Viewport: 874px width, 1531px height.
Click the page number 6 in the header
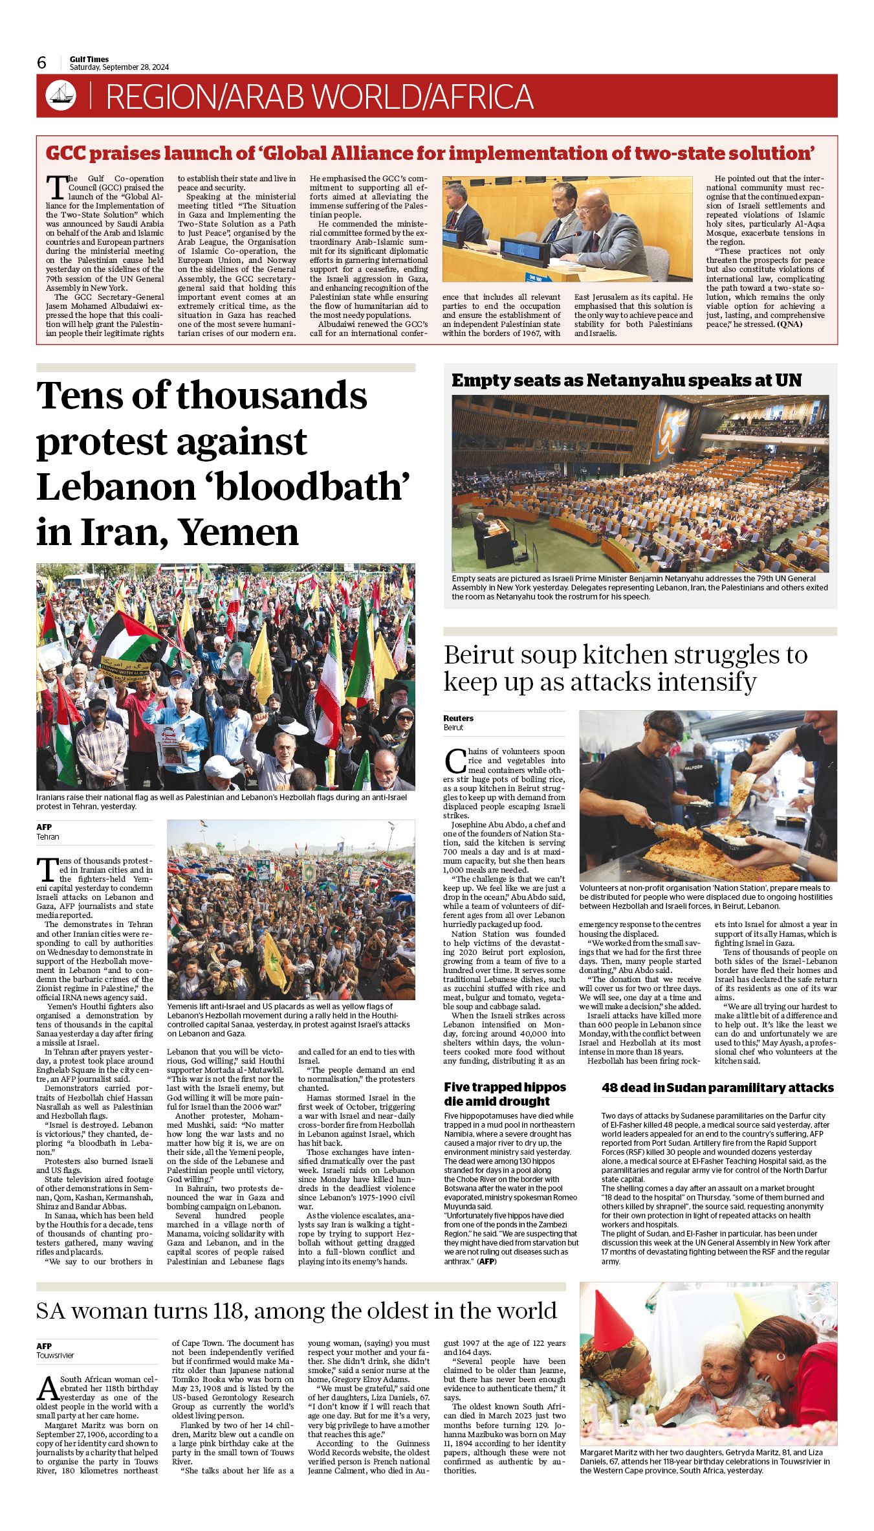[42, 63]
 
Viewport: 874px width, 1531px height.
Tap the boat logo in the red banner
[61, 96]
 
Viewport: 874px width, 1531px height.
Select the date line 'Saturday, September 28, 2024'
[119, 67]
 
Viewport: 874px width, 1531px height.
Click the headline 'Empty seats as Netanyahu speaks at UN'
[626, 381]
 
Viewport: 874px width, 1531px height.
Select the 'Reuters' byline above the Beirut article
[458, 718]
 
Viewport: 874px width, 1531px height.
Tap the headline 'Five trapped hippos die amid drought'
[505, 1093]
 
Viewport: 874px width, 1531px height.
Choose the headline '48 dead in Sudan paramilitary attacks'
[717, 1088]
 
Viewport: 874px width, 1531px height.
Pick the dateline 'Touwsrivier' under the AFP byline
[55, 1355]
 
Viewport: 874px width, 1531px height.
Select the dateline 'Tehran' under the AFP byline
[47, 836]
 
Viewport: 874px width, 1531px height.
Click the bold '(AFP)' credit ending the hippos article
[486, 1261]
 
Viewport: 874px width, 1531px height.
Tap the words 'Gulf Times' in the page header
[89, 59]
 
